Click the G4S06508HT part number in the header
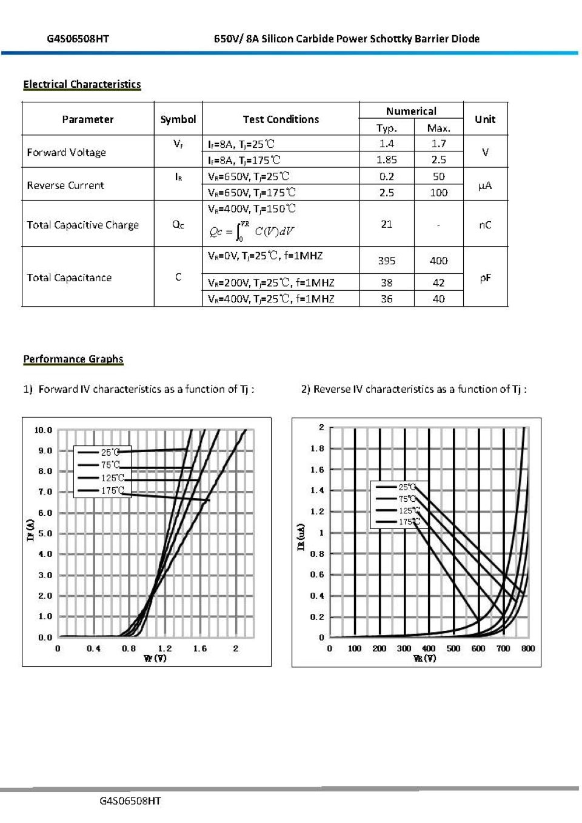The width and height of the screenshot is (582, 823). [78, 39]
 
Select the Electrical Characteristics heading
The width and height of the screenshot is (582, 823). [82, 84]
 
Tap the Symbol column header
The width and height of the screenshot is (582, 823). [178, 119]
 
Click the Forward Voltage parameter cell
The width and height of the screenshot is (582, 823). [66, 152]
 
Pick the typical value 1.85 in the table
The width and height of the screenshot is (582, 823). [386, 160]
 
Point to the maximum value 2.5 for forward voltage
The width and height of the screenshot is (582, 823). [438, 160]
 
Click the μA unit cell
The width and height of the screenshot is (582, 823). [485, 185]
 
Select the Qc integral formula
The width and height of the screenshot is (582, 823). [252, 231]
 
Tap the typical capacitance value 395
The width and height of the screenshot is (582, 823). [386, 261]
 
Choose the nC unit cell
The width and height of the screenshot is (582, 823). [485, 225]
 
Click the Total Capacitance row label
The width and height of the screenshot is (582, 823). [69, 278]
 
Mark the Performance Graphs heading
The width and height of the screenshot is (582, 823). [73, 359]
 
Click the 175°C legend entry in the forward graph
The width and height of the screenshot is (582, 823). [112, 490]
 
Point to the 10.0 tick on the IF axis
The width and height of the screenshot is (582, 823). [43, 430]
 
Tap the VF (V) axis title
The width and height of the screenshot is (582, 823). [155, 658]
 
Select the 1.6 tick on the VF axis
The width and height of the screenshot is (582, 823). [200, 648]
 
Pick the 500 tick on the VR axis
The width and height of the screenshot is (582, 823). [453, 648]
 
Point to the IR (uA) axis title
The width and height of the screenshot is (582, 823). [301, 537]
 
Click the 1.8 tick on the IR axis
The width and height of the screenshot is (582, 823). [317, 448]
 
